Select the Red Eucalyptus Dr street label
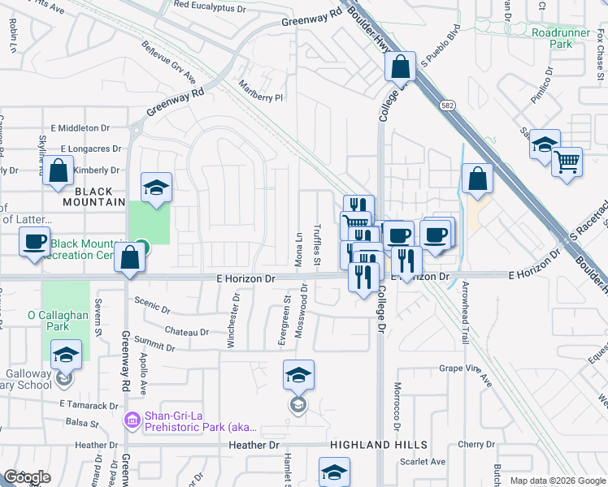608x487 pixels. [209, 6]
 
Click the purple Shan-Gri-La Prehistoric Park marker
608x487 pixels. [132, 420]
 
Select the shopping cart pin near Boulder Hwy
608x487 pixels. [567, 161]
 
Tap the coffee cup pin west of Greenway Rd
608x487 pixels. [34, 243]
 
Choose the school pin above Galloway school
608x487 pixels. [66, 355]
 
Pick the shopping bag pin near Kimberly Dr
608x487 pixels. [58, 171]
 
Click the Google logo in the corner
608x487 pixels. [27, 477]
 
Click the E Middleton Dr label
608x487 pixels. [80, 128]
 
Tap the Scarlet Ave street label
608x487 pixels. [423, 462]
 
